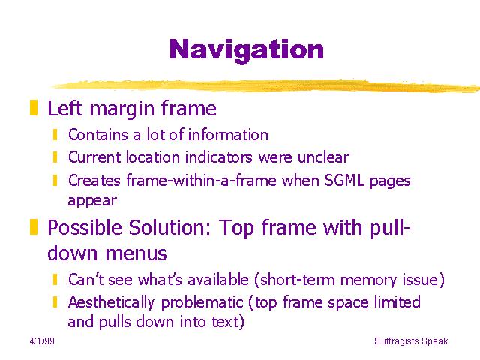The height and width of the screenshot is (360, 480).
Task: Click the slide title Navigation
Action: click(x=247, y=49)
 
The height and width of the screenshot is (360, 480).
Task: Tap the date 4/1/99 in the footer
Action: click(x=42, y=340)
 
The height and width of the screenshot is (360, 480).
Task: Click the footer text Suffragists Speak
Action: click(x=411, y=341)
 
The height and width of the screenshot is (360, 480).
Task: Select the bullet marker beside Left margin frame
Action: click(x=34, y=108)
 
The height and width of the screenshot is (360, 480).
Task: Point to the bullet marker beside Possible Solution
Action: click(x=34, y=226)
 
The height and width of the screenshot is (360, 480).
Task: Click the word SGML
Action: click(x=344, y=180)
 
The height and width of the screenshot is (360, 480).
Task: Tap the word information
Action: click(x=228, y=135)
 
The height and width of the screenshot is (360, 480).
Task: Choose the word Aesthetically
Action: click(x=111, y=303)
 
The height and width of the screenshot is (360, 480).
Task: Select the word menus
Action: click(x=136, y=253)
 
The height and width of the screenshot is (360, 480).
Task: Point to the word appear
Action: click(x=92, y=202)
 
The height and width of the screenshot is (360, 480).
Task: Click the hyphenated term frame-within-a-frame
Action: click(x=202, y=180)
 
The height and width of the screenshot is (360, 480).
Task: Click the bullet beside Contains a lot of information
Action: click(x=55, y=135)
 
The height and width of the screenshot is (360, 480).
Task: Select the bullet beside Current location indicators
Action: click(x=55, y=157)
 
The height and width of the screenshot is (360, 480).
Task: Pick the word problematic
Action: click(x=202, y=303)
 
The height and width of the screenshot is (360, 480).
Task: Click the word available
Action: click(x=218, y=280)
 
